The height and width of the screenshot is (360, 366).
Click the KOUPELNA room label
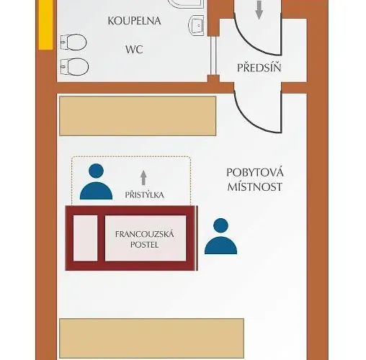[x=134, y=21]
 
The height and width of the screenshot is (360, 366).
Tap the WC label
[x=134, y=50]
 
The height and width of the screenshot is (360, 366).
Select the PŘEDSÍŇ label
[x=259, y=68]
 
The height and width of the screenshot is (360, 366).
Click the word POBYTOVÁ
[x=255, y=173]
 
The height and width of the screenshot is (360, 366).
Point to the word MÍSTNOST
[x=255, y=186]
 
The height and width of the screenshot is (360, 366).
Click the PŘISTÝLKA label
[x=144, y=194]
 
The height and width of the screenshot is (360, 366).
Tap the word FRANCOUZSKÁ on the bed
[x=144, y=234]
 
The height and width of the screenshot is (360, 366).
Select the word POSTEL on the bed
[x=144, y=245]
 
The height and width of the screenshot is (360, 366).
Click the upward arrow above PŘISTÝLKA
[x=143, y=178]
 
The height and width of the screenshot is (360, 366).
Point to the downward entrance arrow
[x=259, y=10]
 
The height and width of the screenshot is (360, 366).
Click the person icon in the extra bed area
[x=96, y=181]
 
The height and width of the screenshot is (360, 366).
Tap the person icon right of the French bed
[x=220, y=236]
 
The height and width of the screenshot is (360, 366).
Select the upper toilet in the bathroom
[x=73, y=42]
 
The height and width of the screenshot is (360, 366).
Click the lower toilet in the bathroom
[x=74, y=66]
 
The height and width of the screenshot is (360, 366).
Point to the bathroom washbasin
[x=196, y=25]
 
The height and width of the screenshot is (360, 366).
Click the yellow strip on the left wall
[x=45, y=24]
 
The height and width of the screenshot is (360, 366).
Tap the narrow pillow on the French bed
[x=85, y=238]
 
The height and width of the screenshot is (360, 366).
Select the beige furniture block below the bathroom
[x=138, y=116]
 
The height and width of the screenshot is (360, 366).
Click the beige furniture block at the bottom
[x=151, y=338]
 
